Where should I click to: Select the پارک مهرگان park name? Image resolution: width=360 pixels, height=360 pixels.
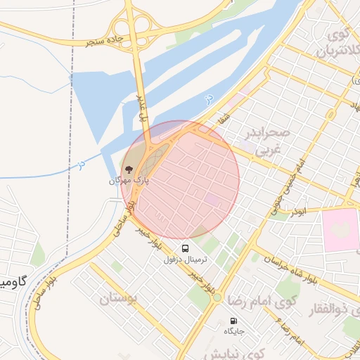(x=129, y=181)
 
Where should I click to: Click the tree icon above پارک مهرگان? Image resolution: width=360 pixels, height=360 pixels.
(x=129, y=169)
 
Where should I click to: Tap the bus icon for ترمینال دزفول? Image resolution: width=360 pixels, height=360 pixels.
(x=186, y=248)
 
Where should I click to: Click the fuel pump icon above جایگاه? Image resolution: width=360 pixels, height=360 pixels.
(x=234, y=321)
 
